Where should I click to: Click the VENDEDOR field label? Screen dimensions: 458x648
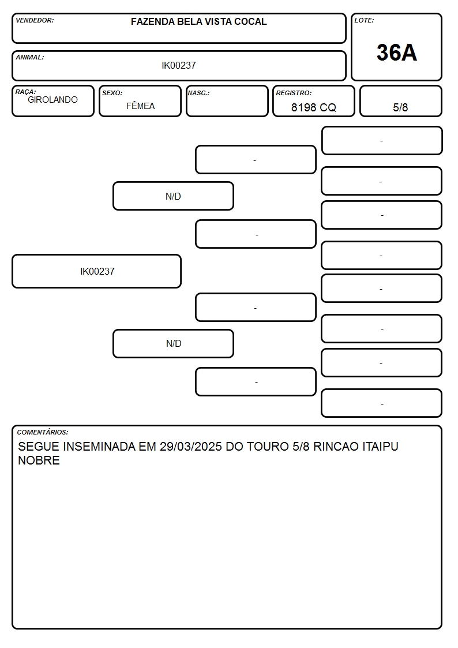[35, 20]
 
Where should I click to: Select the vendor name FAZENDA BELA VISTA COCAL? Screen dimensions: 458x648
[198, 21]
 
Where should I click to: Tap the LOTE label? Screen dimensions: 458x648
[364, 20]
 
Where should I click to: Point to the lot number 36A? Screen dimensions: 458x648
[396, 53]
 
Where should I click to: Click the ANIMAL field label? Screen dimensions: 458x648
[30, 58]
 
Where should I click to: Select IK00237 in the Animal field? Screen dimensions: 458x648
[179, 65]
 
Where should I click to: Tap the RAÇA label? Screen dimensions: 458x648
[25, 92]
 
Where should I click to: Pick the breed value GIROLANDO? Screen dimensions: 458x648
[52, 100]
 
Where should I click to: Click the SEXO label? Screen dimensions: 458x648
[112, 93]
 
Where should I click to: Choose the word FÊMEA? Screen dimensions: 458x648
[140, 106]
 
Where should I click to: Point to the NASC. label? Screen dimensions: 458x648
[198, 93]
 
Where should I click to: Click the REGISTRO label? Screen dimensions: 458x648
[294, 93]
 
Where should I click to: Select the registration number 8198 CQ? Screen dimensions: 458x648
[313, 107]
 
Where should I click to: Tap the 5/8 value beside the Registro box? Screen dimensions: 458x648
[400, 107]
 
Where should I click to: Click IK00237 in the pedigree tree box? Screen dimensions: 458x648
[97, 271]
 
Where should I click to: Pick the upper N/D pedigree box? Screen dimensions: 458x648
[173, 196]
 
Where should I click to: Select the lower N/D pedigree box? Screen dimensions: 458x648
[173, 343]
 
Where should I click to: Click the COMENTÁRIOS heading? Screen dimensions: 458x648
[43, 432]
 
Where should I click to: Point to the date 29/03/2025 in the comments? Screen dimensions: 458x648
[191, 446]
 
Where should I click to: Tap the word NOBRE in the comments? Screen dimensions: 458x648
[39, 460]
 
